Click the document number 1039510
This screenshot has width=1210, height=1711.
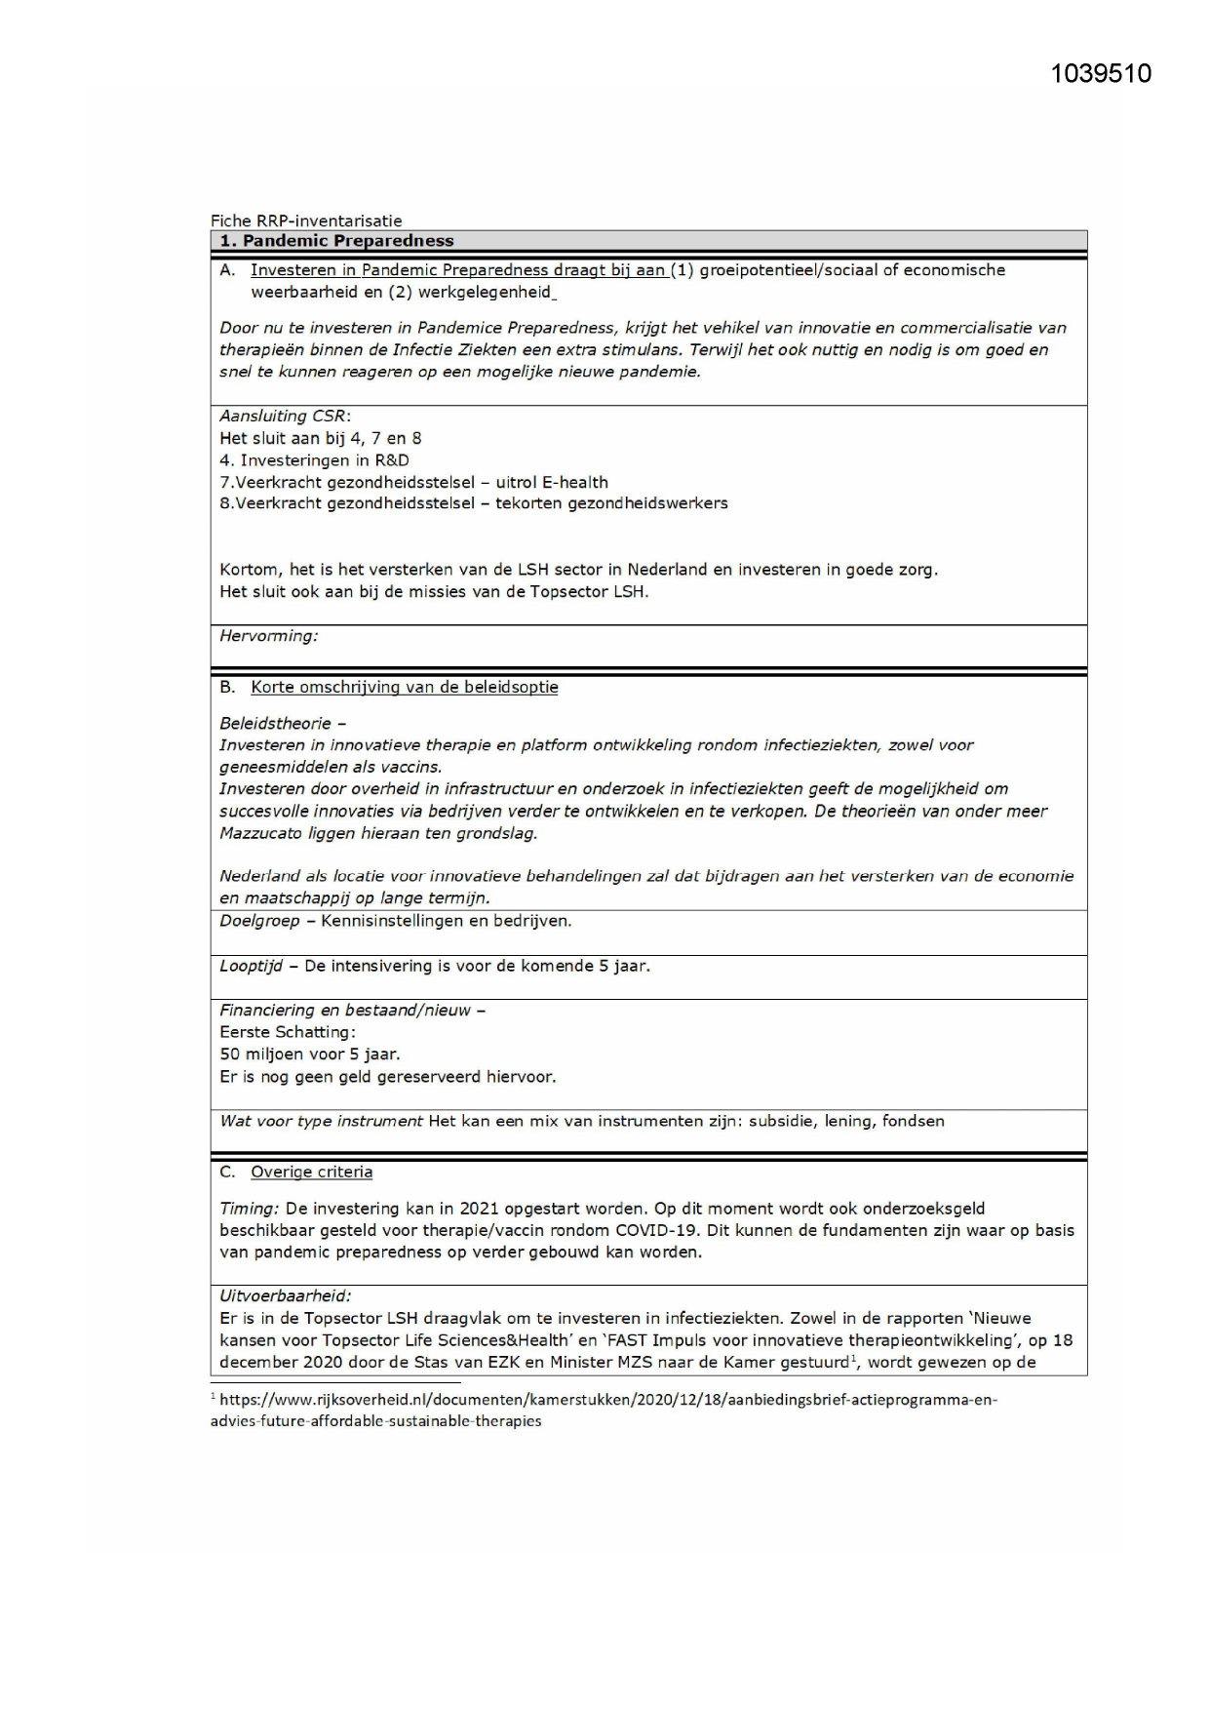1101,74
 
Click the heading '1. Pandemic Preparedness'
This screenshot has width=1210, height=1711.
336,241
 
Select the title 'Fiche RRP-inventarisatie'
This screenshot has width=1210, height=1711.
306,221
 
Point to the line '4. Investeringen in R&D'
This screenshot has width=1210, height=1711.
314,460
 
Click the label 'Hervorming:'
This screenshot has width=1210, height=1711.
268,636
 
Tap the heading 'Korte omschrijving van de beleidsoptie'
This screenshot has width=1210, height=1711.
404,687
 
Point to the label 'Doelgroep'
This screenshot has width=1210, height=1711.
259,921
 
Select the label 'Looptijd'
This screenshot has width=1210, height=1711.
251,966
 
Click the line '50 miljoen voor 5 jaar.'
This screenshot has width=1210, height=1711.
309,1054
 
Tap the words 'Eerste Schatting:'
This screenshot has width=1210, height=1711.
288,1032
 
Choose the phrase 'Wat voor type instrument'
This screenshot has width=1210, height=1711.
321,1121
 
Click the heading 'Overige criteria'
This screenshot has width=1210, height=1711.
311,1172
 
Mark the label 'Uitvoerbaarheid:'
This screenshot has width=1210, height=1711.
285,1296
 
